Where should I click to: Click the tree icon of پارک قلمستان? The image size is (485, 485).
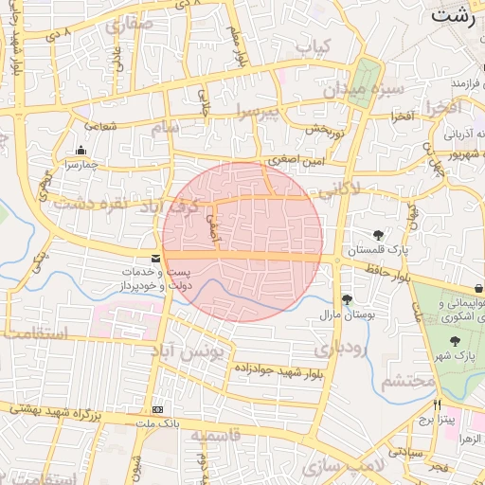point(379,234)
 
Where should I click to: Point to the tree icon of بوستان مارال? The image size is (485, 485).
point(348,299)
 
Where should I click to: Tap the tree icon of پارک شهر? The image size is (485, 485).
point(456,341)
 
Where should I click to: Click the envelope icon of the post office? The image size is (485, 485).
point(156,259)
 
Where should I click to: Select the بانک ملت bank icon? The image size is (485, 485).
point(156,409)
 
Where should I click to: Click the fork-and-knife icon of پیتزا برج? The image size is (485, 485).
point(437,404)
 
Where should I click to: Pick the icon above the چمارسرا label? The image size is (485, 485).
point(80,150)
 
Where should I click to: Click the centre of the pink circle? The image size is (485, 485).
point(242,242)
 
